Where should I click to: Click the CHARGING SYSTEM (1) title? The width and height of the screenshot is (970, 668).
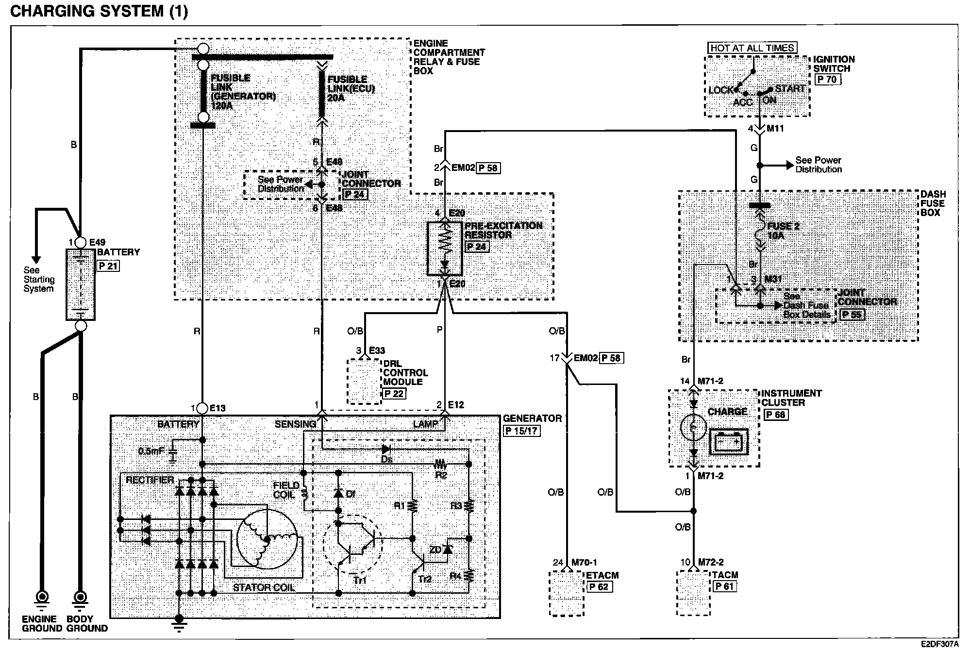99,11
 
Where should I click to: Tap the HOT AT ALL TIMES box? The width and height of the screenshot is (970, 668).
752,48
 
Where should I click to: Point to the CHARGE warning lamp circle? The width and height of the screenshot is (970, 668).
694,427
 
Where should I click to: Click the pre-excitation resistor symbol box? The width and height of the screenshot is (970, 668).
445,249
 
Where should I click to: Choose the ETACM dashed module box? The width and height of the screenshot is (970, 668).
567,593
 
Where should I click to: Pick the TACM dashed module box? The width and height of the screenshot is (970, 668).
694,593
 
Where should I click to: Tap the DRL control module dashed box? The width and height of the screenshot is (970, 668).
364,382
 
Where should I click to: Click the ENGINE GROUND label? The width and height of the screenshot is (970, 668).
39,623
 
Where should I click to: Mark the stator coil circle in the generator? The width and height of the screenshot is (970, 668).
266,539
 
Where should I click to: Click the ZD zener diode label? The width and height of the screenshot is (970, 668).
435,550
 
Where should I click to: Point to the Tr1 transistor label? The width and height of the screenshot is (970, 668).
360,581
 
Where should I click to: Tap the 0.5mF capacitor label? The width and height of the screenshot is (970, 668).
151,451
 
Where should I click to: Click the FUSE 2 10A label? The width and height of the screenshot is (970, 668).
783,231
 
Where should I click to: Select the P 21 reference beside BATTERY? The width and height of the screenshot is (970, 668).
108,266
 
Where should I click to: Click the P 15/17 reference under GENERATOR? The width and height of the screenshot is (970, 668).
522,431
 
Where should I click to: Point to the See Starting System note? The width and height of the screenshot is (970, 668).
38,279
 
